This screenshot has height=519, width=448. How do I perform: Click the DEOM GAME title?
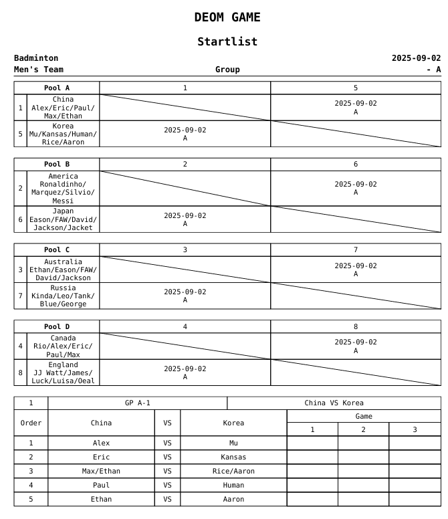point(227,17)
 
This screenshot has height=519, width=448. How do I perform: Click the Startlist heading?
point(227,41)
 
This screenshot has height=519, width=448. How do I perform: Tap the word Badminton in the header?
point(36,58)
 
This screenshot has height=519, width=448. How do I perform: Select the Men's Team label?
point(39,70)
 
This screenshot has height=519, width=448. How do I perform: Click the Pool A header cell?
point(57,88)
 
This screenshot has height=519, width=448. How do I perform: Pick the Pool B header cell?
point(57,164)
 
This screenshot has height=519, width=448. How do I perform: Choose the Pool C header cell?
point(57,249)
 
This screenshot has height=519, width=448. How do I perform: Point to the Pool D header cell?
point(57,326)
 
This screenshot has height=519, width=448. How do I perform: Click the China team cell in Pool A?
point(63,108)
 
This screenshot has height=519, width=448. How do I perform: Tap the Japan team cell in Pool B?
point(63,219)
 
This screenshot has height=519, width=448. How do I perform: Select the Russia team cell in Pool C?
point(63,296)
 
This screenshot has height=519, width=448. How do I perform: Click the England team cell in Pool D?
point(63,373)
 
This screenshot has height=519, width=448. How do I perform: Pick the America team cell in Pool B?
point(63,189)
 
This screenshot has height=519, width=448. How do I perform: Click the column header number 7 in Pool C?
point(356,249)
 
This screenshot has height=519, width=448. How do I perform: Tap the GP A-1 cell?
point(138,403)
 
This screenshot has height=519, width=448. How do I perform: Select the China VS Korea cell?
point(334,403)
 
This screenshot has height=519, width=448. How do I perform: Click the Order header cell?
point(31,423)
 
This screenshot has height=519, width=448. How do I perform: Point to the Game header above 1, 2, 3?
point(364,416)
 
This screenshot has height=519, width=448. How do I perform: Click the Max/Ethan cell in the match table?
point(102,471)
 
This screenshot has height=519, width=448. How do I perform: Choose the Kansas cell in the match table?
point(233,457)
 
